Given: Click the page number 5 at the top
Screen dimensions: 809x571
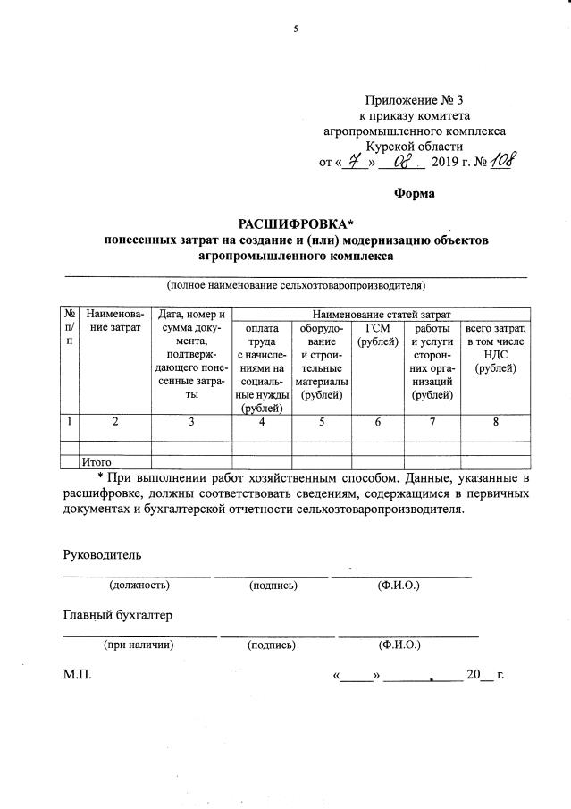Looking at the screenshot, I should click(295, 29).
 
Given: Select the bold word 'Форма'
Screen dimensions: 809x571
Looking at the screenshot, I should click(415, 194).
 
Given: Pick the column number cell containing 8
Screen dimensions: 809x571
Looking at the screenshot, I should click(495, 423).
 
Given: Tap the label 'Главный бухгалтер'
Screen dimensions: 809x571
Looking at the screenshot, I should click(117, 616).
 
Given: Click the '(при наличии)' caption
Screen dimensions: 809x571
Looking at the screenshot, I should click(139, 644).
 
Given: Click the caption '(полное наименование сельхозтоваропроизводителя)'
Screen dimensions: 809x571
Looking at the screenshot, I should click(296, 286).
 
